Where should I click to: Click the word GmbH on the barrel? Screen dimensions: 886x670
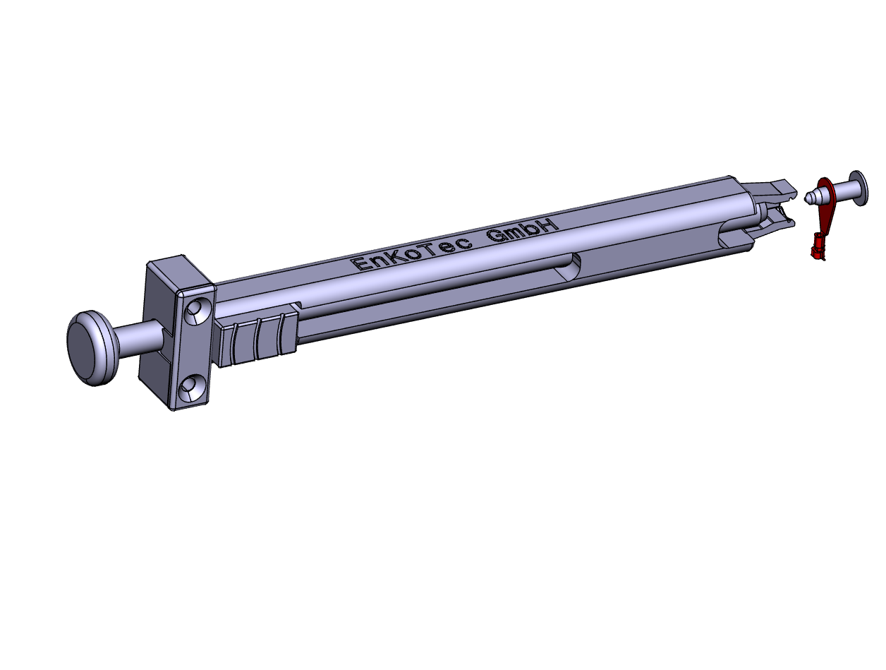522,230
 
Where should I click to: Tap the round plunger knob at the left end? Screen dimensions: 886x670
92,348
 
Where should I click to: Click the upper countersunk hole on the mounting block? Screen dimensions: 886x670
198,311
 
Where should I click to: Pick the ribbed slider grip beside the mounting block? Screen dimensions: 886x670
258,337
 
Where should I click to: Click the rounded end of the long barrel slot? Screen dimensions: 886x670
570,267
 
